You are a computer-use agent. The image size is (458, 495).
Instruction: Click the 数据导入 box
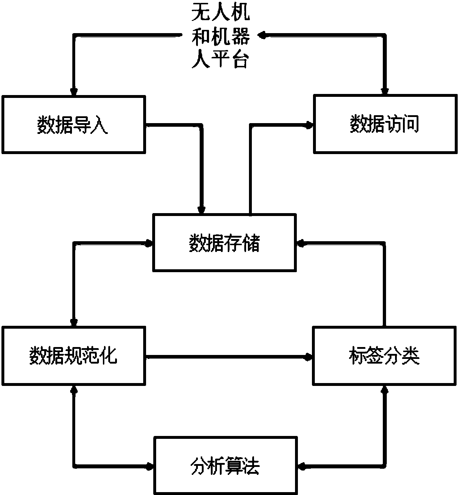pos(73,125)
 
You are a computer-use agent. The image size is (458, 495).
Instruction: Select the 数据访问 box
pos(385,125)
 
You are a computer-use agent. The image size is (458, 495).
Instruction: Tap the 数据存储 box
pos(225,243)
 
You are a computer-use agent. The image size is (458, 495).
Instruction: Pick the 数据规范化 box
pos(73,356)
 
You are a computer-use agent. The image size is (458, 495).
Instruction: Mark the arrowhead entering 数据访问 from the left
pos(309,125)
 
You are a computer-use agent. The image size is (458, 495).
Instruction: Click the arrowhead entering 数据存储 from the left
pos(149,243)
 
